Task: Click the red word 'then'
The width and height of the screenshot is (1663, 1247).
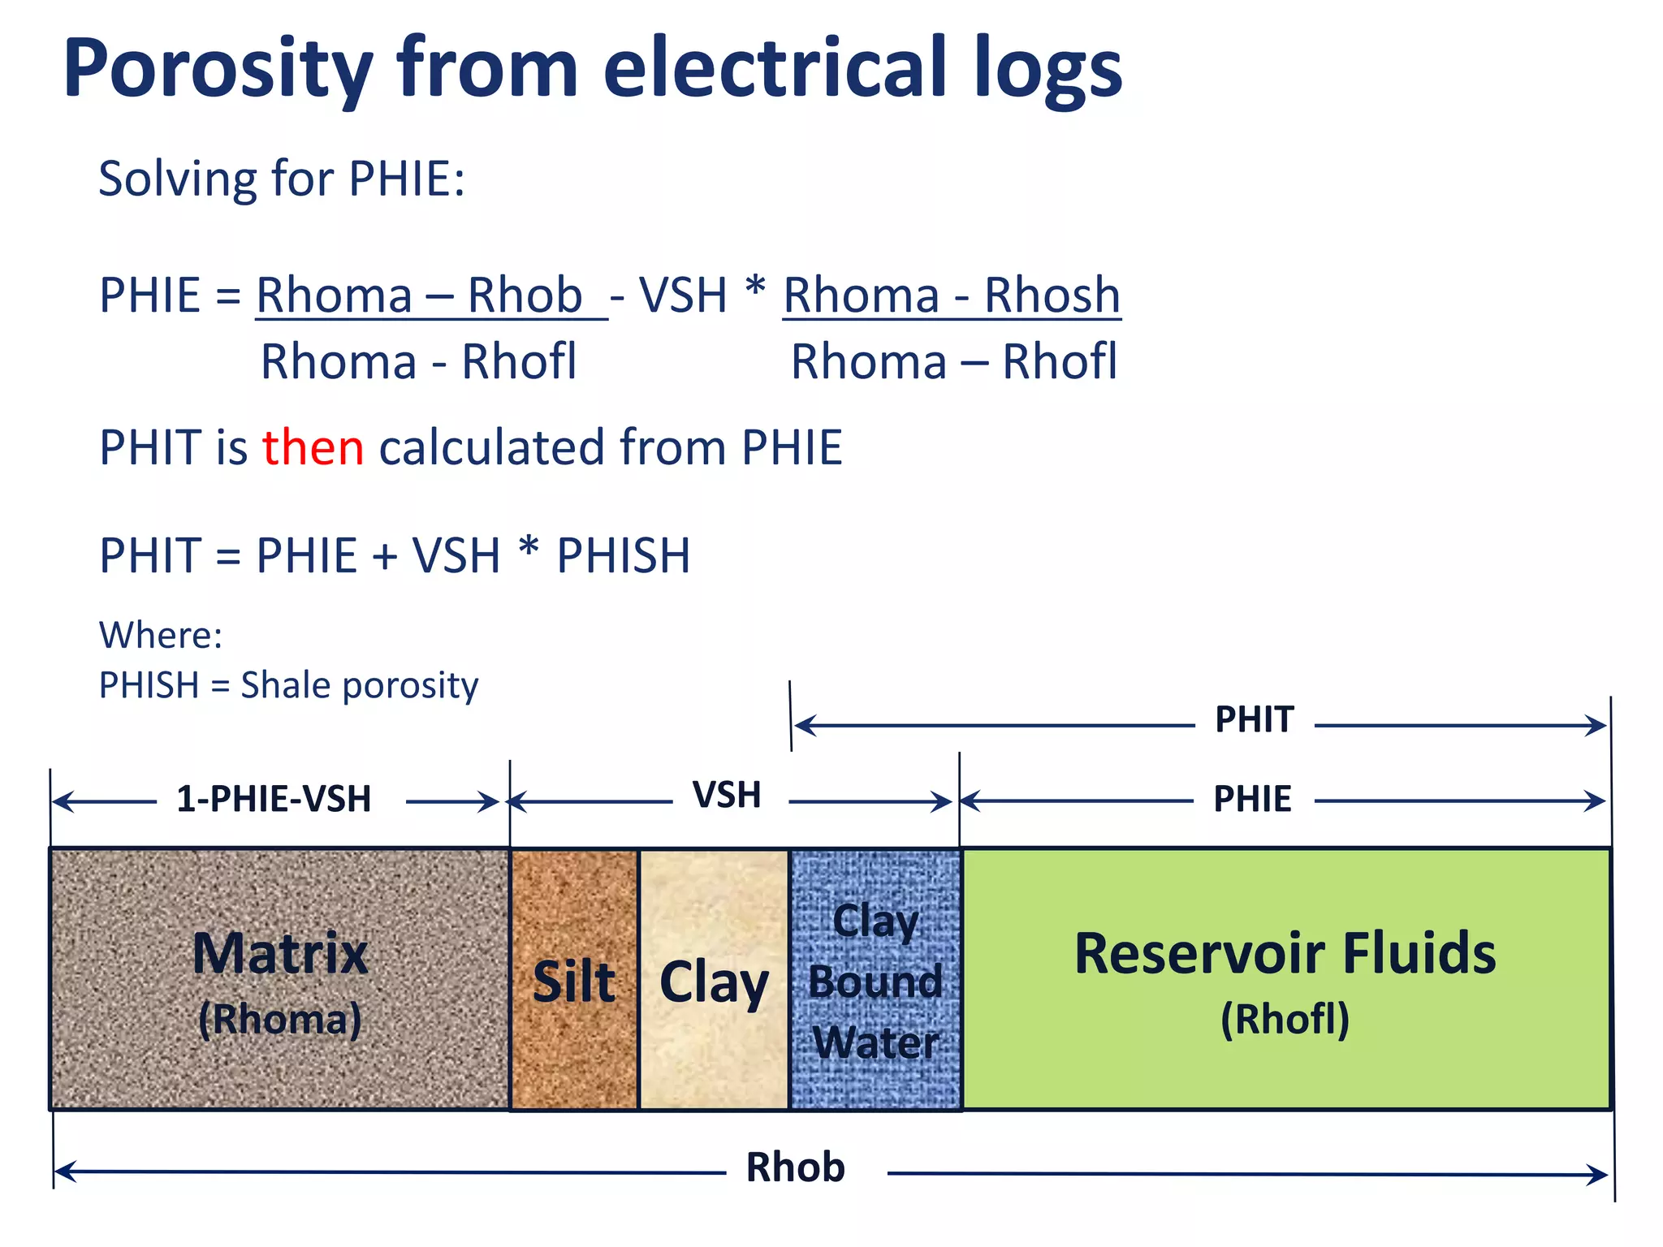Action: click(313, 447)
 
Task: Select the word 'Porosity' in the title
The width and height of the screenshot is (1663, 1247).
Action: click(218, 70)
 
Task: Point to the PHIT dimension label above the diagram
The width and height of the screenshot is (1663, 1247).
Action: click(1254, 720)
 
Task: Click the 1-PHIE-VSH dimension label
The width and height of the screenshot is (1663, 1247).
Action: click(274, 799)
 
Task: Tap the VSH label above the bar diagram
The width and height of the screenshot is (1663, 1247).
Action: click(727, 795)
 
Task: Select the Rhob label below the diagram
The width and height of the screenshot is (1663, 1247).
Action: click(795, 1168)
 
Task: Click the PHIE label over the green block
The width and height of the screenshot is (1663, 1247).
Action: click(1252, 799)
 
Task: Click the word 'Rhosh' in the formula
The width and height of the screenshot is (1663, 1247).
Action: click(1052, 295)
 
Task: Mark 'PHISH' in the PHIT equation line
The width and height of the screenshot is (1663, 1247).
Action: click(623, 556)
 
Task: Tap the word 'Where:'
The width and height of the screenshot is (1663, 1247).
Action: click(161, 635)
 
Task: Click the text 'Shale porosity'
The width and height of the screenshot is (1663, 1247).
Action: click(360, 685)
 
